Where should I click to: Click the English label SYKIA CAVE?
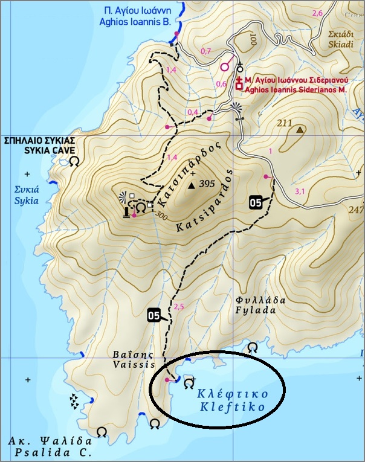31,149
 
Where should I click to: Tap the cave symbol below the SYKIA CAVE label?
74,162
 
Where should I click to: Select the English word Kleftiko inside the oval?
233,406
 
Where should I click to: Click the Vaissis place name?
134,364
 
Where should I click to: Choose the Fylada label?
256,310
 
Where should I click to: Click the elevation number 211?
284,124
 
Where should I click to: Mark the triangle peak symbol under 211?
300,129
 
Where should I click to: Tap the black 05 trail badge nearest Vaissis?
154,315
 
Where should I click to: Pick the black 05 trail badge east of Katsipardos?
256,202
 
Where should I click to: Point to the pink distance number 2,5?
178,307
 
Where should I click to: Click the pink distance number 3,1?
300,191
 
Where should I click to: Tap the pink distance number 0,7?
205,51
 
